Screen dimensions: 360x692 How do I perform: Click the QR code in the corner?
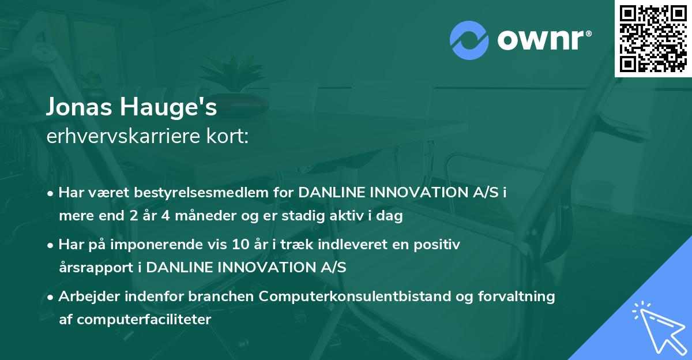coord(653,38)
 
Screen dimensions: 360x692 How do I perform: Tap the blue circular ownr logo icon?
coord(470,40)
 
